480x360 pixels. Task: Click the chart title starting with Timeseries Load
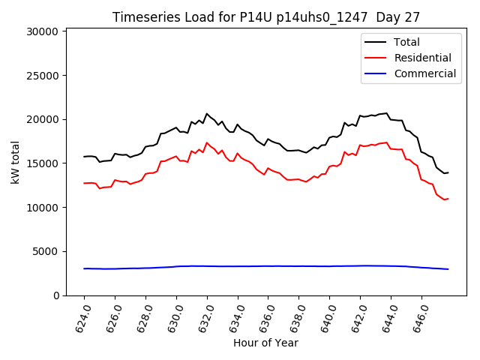(x=266, y=17)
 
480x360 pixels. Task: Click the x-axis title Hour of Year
(x=265, y=343)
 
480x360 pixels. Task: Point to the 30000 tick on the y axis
(x=42, y=31)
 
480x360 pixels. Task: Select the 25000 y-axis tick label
(x=42, y=76)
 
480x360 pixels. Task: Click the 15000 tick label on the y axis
(x=42, y=163)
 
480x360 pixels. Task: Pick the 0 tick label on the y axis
(x=55, y=295)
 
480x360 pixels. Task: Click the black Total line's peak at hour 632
(x=207, y=114)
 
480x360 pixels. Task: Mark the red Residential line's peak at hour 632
(x=207, y=142)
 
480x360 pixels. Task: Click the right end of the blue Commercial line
(x=448, y=269)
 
